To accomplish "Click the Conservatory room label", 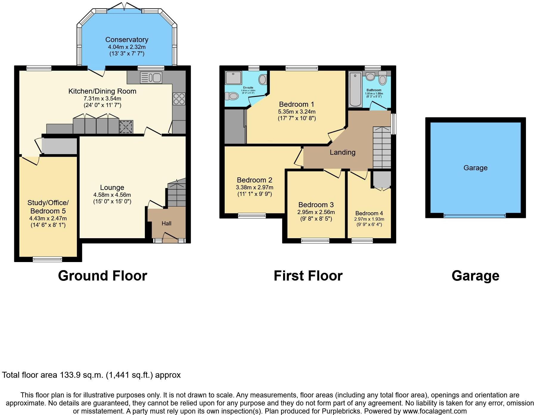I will pyautogui.click(x=127, y=40).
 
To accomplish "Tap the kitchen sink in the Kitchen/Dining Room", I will pyautogui.click(x=151, y=78).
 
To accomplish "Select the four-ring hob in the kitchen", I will pyautogui.click(x=179, y=99).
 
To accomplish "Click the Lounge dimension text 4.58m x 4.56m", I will pyautogui.click(x=112, y=195).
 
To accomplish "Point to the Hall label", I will pyautogui.click(x=166, y=223).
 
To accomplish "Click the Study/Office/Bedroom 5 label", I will pyautogui.click(x=48, y=207).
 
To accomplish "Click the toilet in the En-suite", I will pyautogui.click(x=232, y=96).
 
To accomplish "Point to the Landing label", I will pyautogui.click(x=342, y=152).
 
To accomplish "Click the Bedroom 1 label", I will pyautogui.click(x=297, y=104).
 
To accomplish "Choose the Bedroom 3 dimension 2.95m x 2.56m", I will pyautogui.click(x=316, y=212).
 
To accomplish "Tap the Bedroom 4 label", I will pyautogui.click(x=369, y=213).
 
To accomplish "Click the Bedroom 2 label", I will pyautogui.click(x=254, y=180).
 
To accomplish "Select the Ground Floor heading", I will pyautogui.click(x=103, y=276).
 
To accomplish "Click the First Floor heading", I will pyautogui.click(x=308, y=276).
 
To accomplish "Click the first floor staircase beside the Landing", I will pyautogui.click(x=382, y=148).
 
